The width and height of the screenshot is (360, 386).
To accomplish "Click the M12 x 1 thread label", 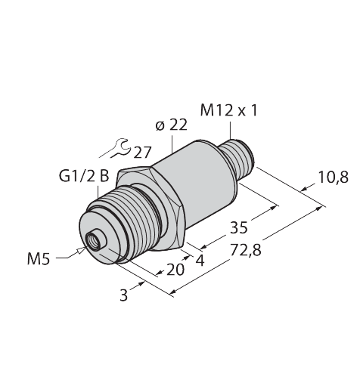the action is pyautogui.click(x=228, y=110).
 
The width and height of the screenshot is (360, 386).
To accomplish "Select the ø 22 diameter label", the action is pyautogui.click(x=172, y=125).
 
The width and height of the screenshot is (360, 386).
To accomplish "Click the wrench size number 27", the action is pyautogui.click(x=142, y=153).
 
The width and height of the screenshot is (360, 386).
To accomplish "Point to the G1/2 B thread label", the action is pyautogui.click(x=84, y=176).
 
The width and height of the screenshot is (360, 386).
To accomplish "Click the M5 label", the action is pyautogui.click(x=39, y=259).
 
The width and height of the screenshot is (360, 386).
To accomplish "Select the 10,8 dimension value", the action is pyautogui.click(x=334, y=177).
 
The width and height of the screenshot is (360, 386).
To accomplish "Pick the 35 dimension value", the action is pyautogui.click(x=239, y=227).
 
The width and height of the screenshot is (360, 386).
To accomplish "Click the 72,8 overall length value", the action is pyautogui.click(x=246, y=251).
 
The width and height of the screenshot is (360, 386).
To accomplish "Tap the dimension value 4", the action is pyautogui.click(x=200, y=261).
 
